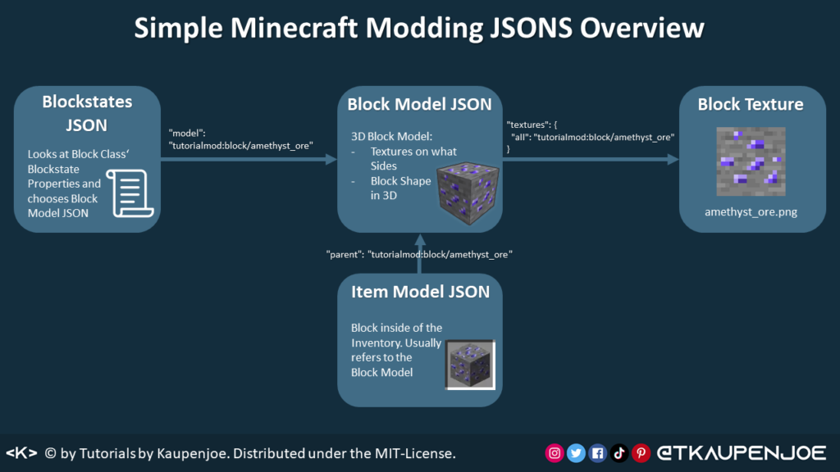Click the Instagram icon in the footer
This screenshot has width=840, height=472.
click(x=555, y=453)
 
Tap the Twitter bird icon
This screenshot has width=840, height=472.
click(x=576, y=453)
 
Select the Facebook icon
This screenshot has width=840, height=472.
click(x=597, y=453)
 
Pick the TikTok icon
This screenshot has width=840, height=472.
click(x=619, y=453)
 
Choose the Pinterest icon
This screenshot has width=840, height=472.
click(x=641, y=453)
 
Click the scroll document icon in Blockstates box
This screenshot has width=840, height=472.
click(x=130, y=193)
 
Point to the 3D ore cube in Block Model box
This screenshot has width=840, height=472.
click(x=468, y=193)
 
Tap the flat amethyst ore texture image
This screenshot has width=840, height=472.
click(x=751, y=161)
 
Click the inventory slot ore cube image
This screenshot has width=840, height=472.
click(x=470, y=365)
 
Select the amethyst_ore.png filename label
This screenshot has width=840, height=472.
click(x=751, y=212)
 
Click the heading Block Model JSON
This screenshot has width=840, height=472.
click(x=419, y=104)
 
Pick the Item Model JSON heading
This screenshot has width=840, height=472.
click(x=420, y=292)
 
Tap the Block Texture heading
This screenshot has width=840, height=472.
click(x=751, y=104)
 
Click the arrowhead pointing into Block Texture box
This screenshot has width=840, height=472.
click(x=673, y=159)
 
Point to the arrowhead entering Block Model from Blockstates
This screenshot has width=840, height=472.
click(x=331, y=159)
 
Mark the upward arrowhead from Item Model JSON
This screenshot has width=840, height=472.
click(x=420, y=239)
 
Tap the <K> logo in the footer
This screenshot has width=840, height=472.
click(x=21, y=453)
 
